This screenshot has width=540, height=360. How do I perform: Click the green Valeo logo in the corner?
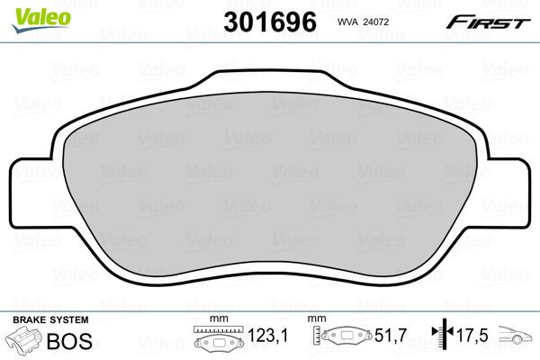(26, 13)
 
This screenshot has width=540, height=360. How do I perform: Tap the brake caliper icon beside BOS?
(26, 342)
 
